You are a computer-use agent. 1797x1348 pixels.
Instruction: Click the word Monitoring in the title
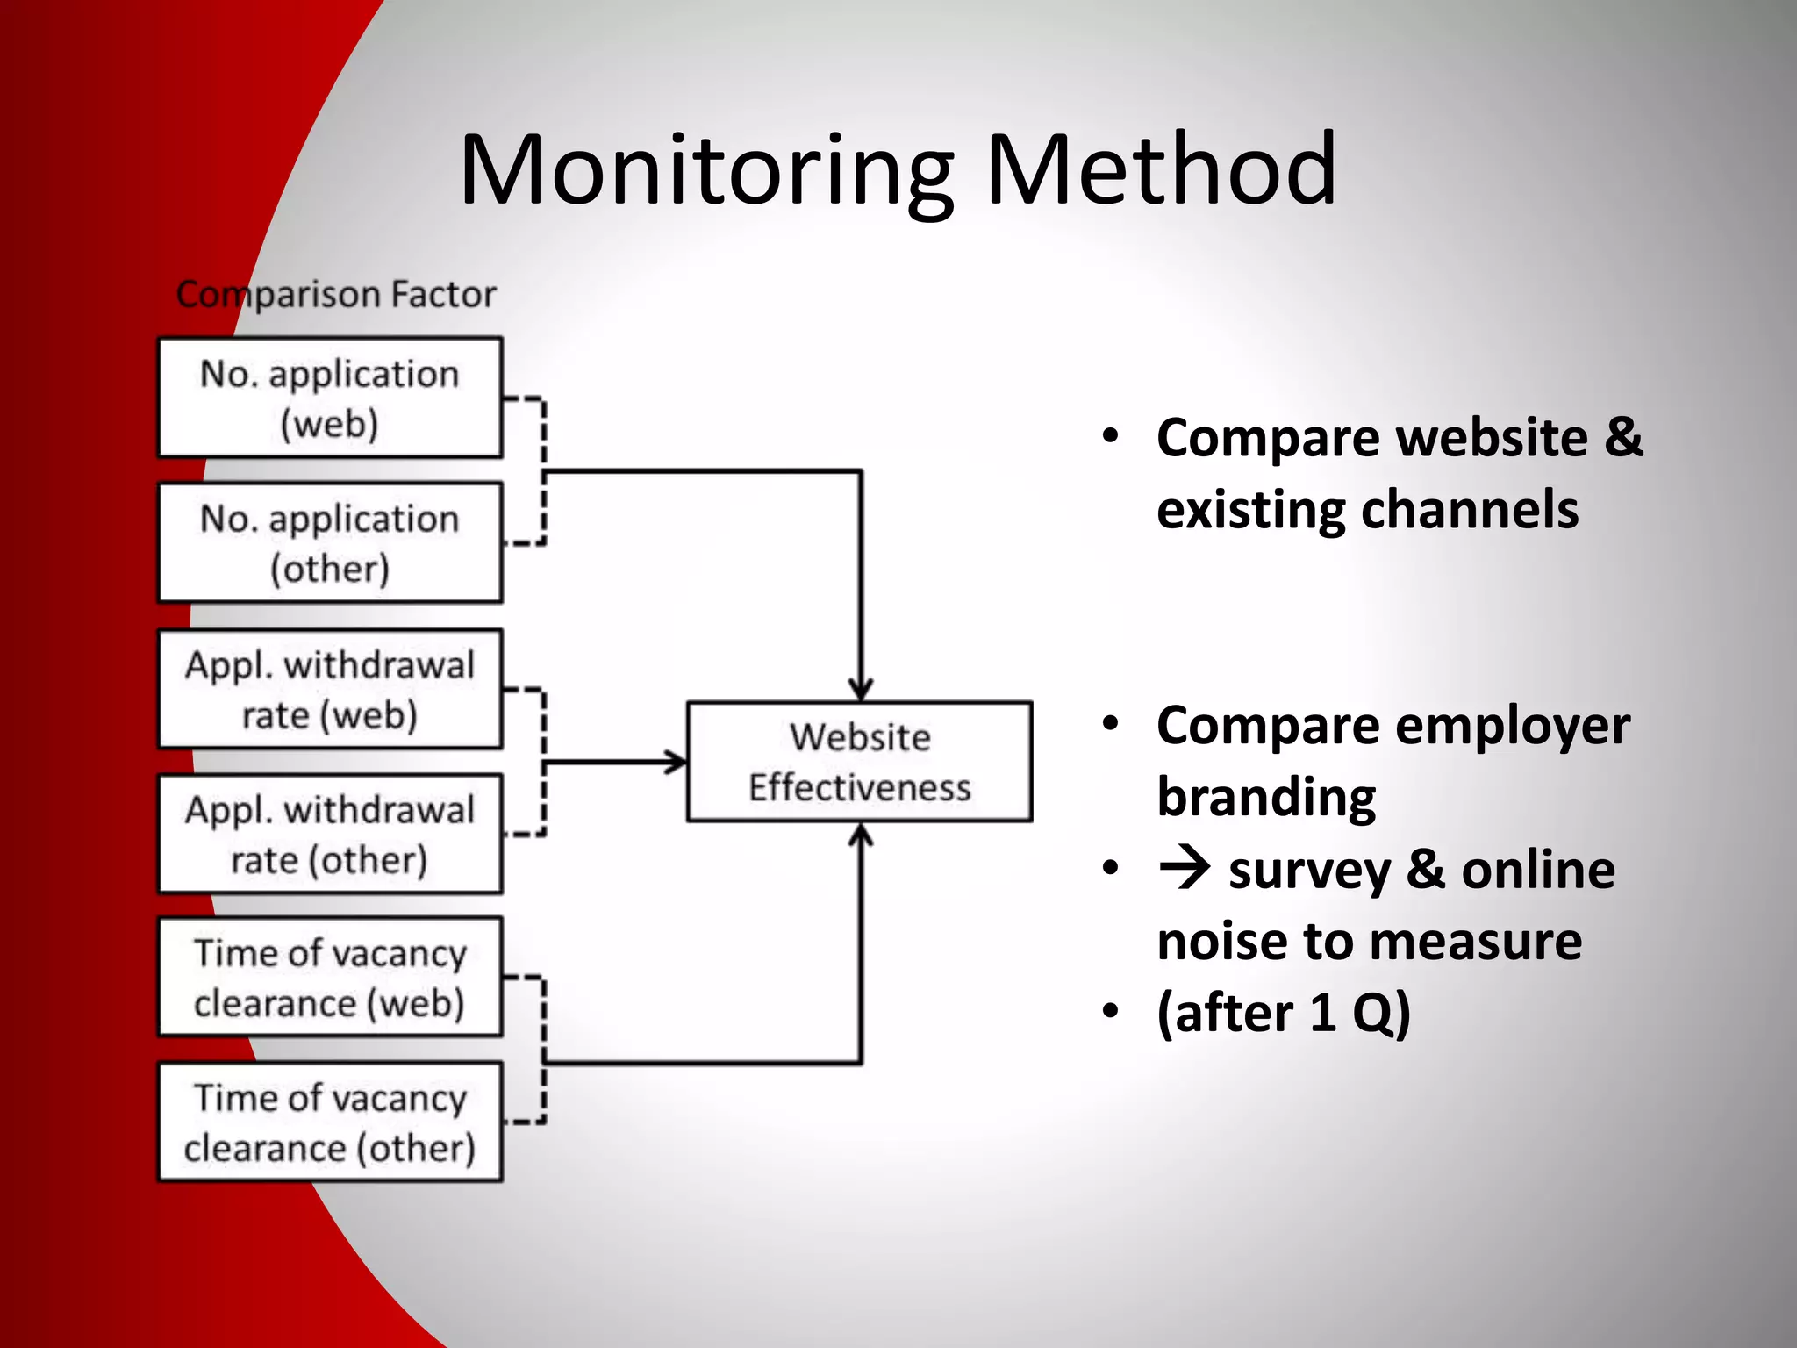(x=706, y=171)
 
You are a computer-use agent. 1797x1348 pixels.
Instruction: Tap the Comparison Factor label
(x=336, y=295)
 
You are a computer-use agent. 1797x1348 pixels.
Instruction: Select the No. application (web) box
(x=330, y=398)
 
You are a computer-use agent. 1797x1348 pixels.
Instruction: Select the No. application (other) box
(x=330, y=542)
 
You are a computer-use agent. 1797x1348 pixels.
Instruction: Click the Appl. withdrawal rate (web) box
(x=330, y=689)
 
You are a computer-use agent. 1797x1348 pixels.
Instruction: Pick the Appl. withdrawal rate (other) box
(x=330, y=834)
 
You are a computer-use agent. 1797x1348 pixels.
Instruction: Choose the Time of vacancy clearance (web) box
(x=330, y=977)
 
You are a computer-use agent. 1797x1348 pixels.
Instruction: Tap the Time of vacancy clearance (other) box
(x=330, y=1122)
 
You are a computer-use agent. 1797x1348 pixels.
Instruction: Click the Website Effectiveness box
(x=859, y=762)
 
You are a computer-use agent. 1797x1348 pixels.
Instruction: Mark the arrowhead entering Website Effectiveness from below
(x=861, y=835)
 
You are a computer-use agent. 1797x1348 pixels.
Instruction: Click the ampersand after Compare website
(x=1623, y=437)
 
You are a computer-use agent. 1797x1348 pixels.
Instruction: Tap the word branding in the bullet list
(x=1265, y=797)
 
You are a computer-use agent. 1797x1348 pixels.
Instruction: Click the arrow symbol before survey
(x=1185, y=869)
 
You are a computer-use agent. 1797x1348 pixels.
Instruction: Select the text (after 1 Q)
(x=1283, y=1013)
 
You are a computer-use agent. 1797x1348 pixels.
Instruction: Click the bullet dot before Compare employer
(x=1111, y=724)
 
